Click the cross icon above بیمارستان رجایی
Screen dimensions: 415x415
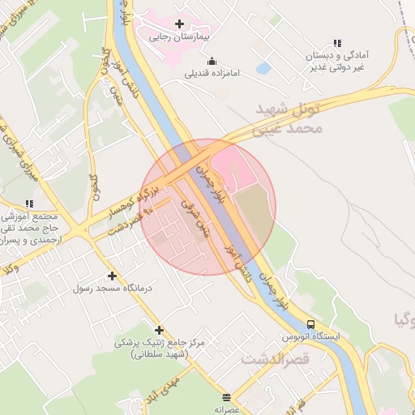coord(179,24)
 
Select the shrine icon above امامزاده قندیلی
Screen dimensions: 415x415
coord(212,61)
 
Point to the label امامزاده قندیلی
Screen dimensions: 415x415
coord(213,74)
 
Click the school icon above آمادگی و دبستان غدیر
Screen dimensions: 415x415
coord(337,43)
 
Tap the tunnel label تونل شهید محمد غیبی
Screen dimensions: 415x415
coord(288,118)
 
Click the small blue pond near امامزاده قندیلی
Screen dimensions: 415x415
coord(263,69)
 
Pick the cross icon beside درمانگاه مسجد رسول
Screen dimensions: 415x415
coord(112,276)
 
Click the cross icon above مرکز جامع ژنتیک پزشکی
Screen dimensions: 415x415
coord(159,330)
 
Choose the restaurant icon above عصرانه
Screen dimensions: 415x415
coord(225,397)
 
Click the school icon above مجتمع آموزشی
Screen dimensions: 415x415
coord(29,204)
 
